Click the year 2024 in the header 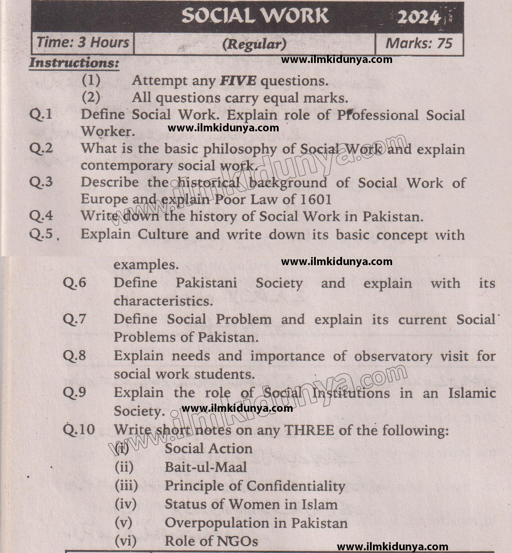point(419,17)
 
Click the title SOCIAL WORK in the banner point(255,16)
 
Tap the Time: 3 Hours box point(83,43)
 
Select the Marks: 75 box point(419,43)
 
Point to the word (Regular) point(254,44)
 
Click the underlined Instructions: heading point(74,63)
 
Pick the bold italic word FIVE point(238,81)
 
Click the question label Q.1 point(41,114)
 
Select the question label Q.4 point(41,216)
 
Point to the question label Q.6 point(74,282)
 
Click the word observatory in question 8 point(393,356)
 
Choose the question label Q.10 point(79,429)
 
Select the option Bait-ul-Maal point(206,467)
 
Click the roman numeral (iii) point(126,485)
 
